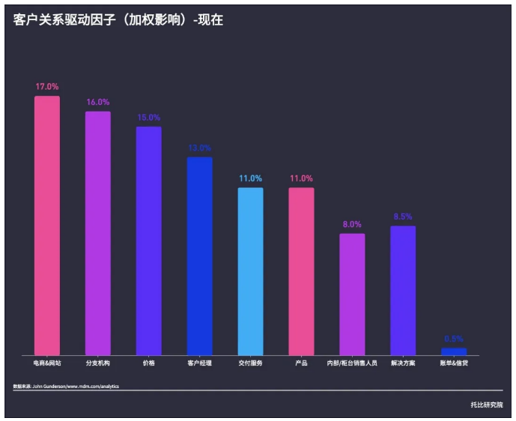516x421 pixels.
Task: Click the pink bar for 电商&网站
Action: (x=47, y=225)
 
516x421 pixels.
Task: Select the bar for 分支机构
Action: (x=98, y=233)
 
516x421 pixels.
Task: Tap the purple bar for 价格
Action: (x=148, y=240)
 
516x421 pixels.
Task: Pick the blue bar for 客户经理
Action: (x=199, y=255)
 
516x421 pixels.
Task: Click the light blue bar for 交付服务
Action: (x=250, y=270)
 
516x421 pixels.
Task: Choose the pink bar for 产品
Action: (x=301, y=270)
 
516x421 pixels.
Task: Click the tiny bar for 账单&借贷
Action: (x=454, y=351)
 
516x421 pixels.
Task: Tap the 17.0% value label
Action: (x=47, y=87)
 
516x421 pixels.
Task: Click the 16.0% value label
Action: (x=98, y=102)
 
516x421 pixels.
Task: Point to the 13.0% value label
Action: (x=199, y=148)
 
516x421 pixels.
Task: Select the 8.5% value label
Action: (x=403, y=216)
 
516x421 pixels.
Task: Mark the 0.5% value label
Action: (x=454, y=339)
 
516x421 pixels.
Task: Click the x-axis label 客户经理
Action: (x=199, y=363)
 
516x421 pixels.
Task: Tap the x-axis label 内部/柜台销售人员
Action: (x=352, y=363)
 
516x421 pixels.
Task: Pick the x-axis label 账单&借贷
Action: (x=454, y=363)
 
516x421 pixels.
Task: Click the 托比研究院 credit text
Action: (x=487, y=405)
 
